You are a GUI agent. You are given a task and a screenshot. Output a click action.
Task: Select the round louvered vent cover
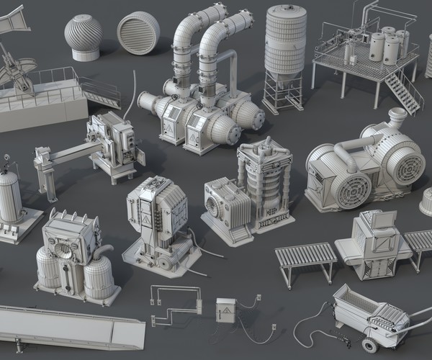tap(138, 34)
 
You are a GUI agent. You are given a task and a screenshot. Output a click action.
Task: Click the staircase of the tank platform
tap(403, 90)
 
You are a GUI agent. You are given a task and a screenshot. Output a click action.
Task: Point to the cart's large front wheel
tap(370, 345)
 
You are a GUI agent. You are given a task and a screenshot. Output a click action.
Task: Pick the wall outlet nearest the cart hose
tap(273, 328)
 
